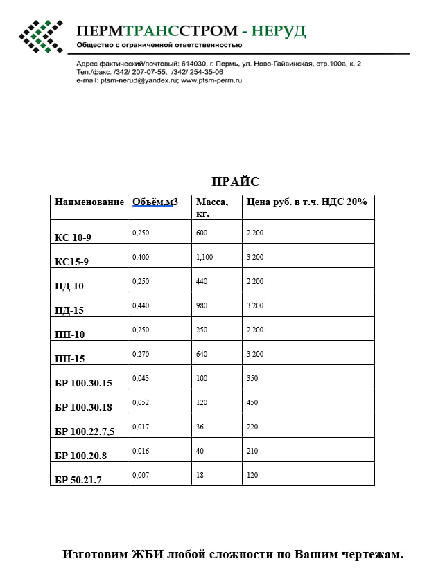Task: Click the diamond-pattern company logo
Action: click(x=40, y=36)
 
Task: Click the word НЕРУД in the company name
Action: click(x=279, y=31)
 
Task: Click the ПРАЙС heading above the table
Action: click(x=235, y=181)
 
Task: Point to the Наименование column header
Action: click(x=89, y=202)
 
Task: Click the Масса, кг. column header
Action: click(x=211, y=207)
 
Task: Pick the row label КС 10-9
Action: click(x=73, y=238)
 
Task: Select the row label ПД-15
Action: click(x=69, y=310)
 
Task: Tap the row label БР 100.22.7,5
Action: click(x=85, y=431)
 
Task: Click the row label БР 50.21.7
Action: click(x=78, y=480)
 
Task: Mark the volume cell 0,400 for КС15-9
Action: click(x=141, y=257)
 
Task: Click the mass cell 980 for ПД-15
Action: click(x=202, y=305)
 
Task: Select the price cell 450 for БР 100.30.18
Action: click(x=252, y=402)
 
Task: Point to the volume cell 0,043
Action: click(x=141, y=378)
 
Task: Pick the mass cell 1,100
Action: click(x=204, y=257)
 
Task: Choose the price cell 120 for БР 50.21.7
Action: click(x=252, y=475)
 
